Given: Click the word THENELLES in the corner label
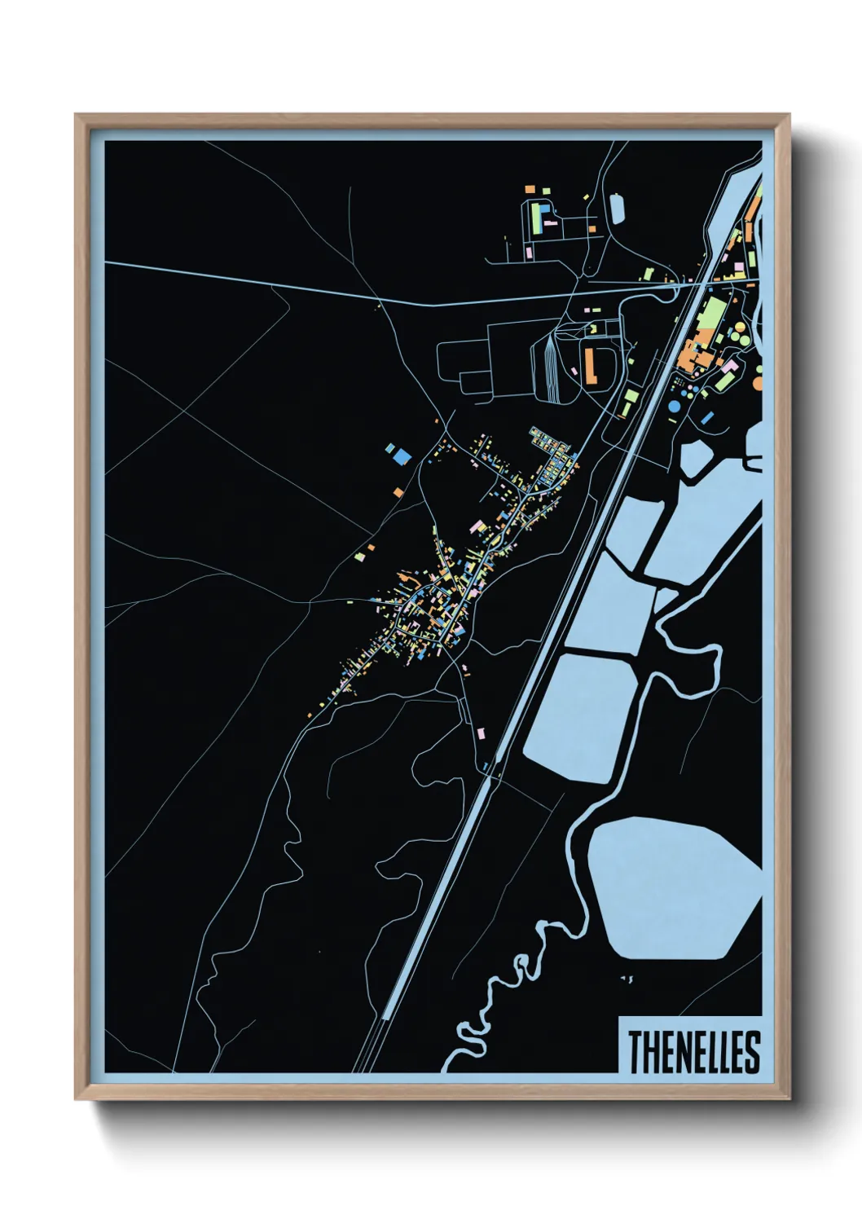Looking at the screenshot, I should click(x=693, y=1051).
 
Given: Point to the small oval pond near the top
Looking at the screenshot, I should click(x=617, y=207).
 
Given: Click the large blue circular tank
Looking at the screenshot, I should click(x=675, y=406).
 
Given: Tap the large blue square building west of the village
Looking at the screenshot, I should click(x=399, y=455).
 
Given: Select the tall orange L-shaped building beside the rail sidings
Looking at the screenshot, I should click(x=588, y=363).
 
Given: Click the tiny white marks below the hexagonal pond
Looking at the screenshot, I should click(x=626, y=977).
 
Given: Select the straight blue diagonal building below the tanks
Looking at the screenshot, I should click(x=707, y=418).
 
